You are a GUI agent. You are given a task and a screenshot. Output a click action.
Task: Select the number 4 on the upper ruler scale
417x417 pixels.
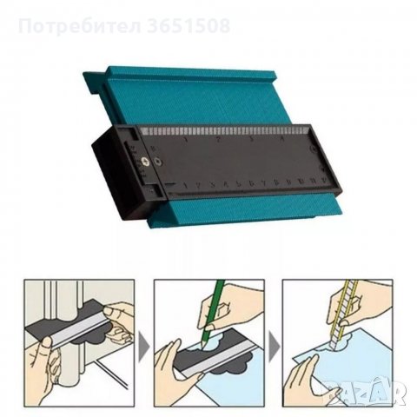tap(280, 137)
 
